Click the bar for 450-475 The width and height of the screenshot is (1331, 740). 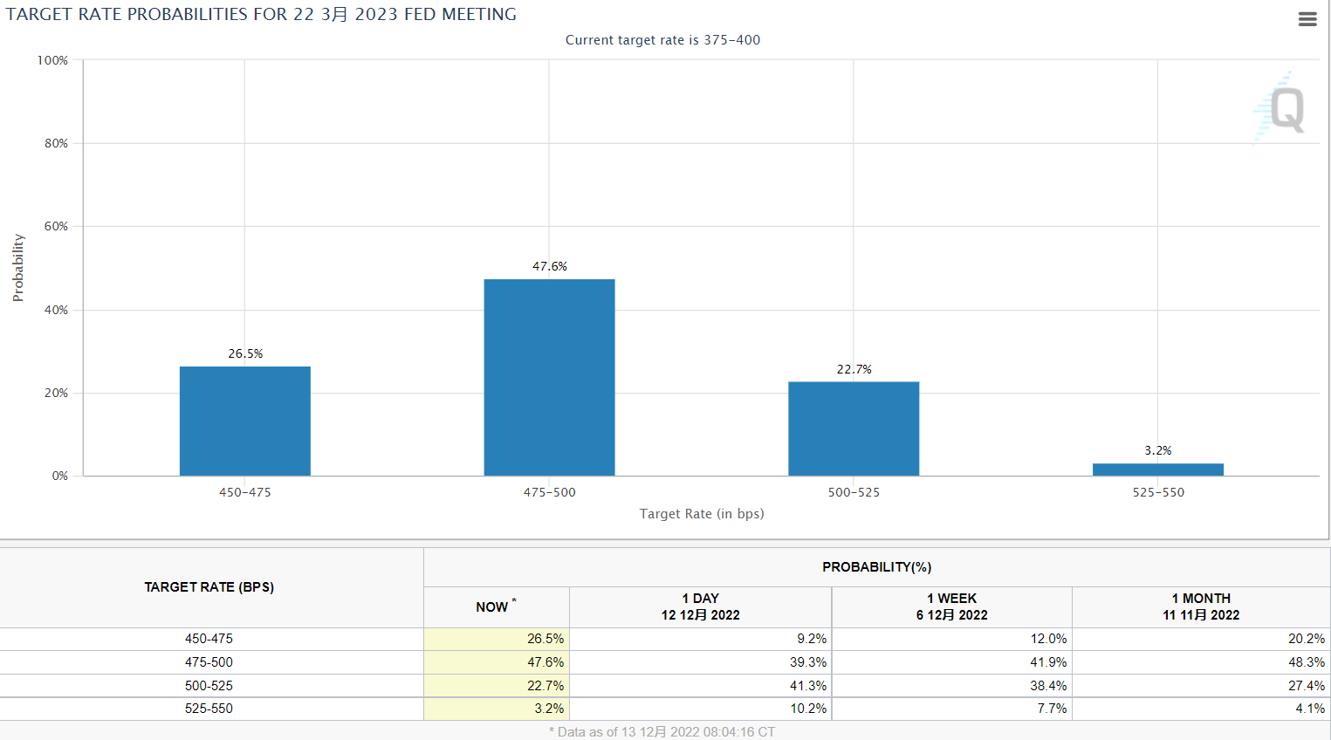pyautogui.click(x=244, y=421)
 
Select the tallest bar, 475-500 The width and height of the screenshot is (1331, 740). pyautogui.click(x=549, y=377)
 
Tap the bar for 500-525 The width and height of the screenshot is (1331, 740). pyautogui.click(x=854, y=428)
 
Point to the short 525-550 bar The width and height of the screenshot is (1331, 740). pyautogui.click(x=1157, y=469)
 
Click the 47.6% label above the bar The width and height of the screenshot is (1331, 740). pyautogui.click(x=550, y=266)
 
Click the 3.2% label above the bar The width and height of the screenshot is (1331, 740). pyautogui.click(x=1158, y=450)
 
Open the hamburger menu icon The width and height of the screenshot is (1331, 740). pyautogui.click(x=1307, y=19)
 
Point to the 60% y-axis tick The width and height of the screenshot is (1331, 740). pyautogui.click(x=56, y=226)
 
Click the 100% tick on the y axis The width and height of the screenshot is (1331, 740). pyautogui.click(x=52, y=60)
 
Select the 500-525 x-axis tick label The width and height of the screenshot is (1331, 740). pyautogui.click(x=854, y=492)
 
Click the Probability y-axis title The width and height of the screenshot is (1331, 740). pyautogui.click(x=18, y=268)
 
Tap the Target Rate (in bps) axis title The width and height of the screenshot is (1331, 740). pyautogui.click(x=702, y=514)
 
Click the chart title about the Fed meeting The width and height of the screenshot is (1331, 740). pyautogui.click(x=261, y=15)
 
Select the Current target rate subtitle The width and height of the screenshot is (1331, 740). pyautogui.click(x=662, y=40)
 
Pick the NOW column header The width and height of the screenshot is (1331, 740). pyautogui.click(x=492, y=606)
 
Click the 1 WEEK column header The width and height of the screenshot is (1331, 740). pyautogui.click(x=951, y=606)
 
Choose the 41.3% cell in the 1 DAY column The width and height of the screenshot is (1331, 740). pyautogui.click(x=807, y=686)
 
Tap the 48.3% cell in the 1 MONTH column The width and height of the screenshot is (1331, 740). pyautogui.click(x=1306, y=662)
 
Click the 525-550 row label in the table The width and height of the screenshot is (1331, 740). pyautogui.click(x=209, y=709)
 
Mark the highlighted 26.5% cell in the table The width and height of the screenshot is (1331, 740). pyautogui.click(x=545, y=639)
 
